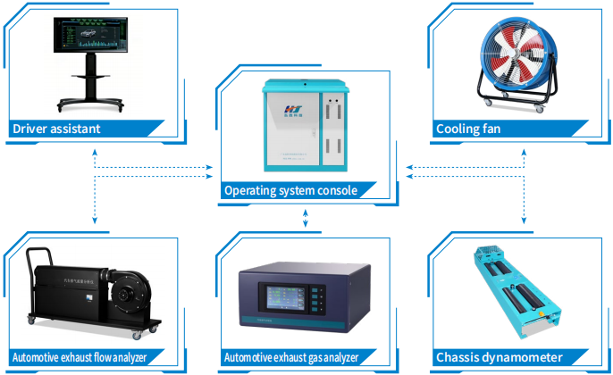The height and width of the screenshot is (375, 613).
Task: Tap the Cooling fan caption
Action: pos(467,129)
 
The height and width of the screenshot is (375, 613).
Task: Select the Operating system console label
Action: pos(290,190)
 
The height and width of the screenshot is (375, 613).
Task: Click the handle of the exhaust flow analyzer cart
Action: pos(34,268)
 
